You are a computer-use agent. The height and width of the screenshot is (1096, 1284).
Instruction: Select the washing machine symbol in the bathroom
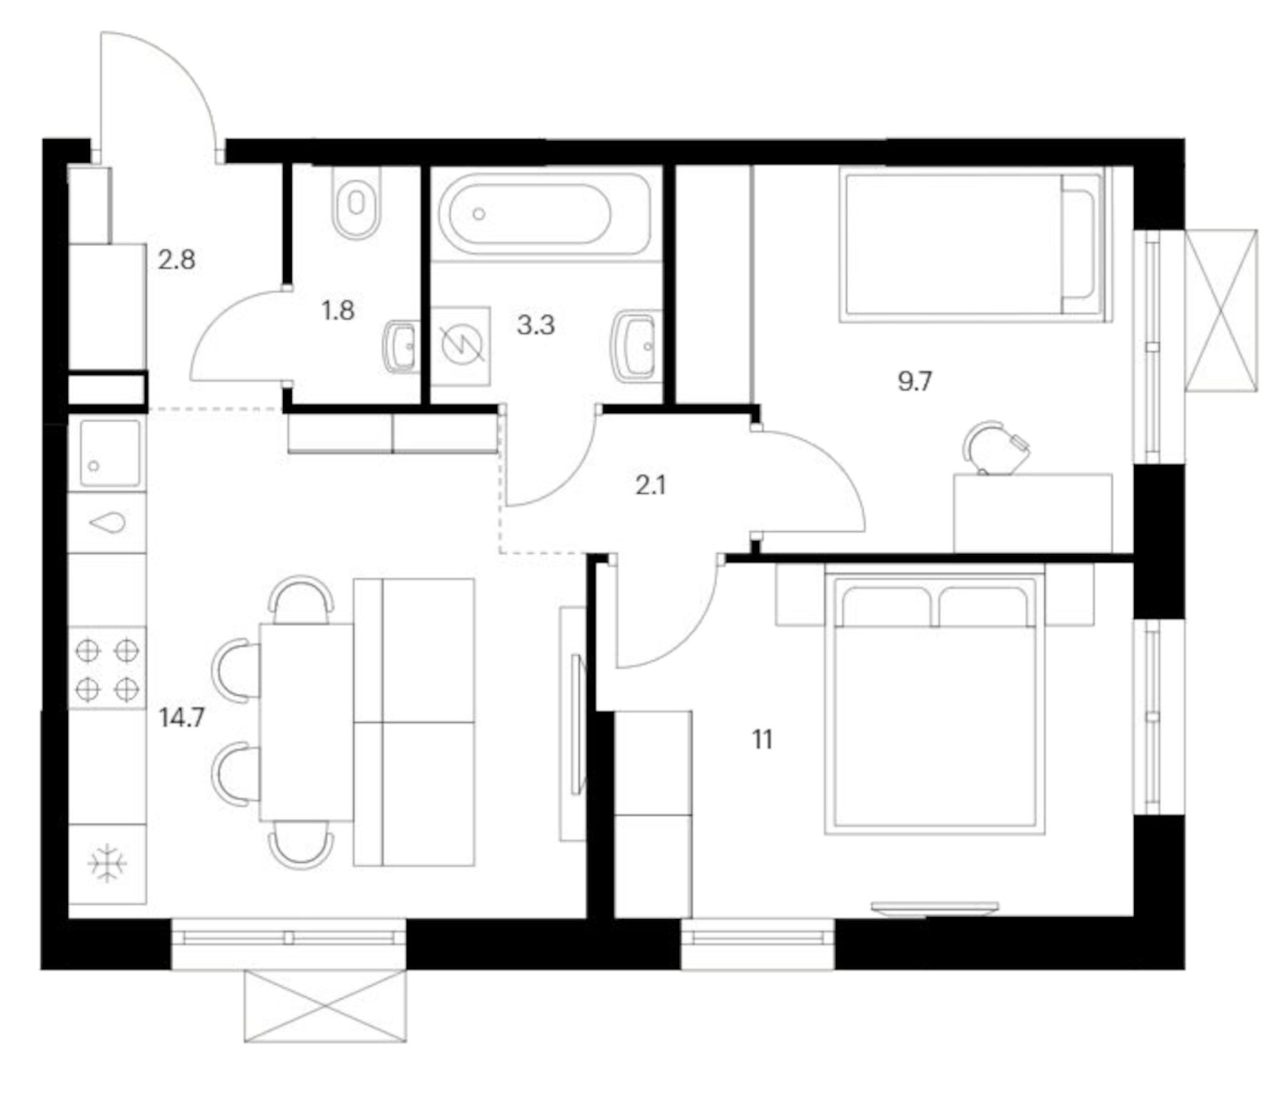tap(461, 346)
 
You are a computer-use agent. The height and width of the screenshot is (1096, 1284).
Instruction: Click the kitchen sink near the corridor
tap(109, 453)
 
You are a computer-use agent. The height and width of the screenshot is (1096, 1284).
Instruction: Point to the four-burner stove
tap(107, 669)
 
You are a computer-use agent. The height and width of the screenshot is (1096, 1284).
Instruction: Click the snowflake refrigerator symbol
tap(107, 864)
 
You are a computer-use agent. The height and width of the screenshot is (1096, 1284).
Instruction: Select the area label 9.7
tap(914, 381)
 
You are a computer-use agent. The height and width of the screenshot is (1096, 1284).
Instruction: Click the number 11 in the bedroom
tap(762, 740)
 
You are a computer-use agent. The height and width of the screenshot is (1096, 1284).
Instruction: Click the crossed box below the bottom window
tap(325, 1005)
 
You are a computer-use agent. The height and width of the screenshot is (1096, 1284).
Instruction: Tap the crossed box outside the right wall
tap(1221, 310)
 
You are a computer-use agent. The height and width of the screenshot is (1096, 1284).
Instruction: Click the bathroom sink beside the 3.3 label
tap(635, 346)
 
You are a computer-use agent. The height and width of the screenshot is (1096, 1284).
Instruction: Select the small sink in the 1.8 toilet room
tap(402, 347)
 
